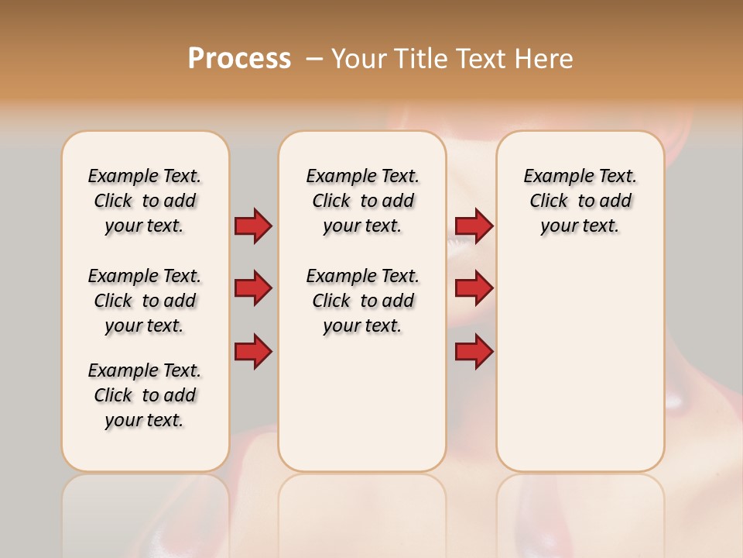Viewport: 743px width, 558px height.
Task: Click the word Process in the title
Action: [239, 58]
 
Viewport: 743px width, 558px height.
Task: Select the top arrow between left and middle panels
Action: [253, 226]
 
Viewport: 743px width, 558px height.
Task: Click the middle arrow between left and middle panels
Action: [253, 288]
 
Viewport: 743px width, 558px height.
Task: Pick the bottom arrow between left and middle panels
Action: [253, 351]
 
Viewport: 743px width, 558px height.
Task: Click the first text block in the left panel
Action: [145, 201]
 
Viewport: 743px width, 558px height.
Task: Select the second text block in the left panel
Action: [145, 301]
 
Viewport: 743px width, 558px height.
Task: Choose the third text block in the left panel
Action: [145, 395]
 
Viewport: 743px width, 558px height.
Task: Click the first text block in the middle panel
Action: [362, 201]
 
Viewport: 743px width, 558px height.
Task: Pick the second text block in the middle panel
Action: [362, 301]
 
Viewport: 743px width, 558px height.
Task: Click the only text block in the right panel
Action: [580, 201]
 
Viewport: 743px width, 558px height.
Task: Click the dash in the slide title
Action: [314, 59]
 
